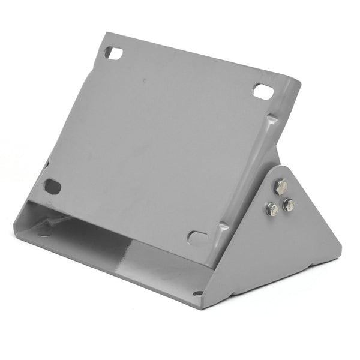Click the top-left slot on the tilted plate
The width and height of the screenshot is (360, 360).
(x=113, y=53)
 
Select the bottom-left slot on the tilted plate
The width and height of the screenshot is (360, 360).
(x=53, y=187)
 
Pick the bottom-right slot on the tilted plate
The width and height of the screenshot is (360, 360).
(x=197, y=237)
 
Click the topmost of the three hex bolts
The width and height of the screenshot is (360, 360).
(x=281, y=187)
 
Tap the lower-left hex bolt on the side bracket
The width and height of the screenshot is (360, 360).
(x=272, y=209)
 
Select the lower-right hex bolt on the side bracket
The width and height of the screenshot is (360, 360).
(x=289, y=205)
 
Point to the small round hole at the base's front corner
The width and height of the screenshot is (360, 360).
(x=198, y=293)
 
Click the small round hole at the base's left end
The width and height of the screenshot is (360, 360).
(x=43, y=231)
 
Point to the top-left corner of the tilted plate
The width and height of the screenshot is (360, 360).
(x=104, y=35)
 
